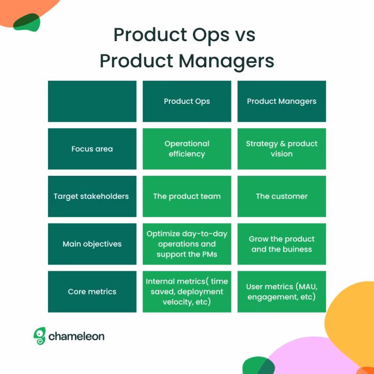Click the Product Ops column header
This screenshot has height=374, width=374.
click(186, 101)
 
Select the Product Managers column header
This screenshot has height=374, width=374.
click(282, 101)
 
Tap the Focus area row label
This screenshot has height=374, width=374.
click(92, 149)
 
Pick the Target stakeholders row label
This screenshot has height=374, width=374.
click(92, 196)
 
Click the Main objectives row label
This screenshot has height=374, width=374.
click(92, 244)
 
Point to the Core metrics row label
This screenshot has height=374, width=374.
click(92, 292)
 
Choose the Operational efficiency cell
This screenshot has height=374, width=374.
click(186, 149)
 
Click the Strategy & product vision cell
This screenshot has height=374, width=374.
click(282, 149)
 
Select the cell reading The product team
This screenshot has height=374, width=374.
click(186, 196)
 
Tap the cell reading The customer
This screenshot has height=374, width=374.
click(282, 196)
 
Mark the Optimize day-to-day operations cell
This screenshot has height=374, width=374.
click(186, 244)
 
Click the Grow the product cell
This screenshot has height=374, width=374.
click(282, 244)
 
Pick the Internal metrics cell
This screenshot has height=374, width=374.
click(186, 292)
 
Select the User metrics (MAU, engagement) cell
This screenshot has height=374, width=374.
click(282, 292)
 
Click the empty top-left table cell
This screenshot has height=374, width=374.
click(92, 101)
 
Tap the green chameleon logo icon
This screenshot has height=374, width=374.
click(40, 336)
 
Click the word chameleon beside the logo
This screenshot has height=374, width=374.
click(76, 336)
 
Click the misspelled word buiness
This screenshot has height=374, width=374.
click(297, 249)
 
